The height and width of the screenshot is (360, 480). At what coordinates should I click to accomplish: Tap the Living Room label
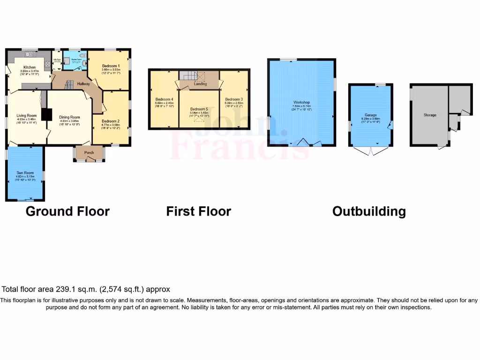[x=27, y=115]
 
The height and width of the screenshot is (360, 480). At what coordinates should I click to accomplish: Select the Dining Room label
[x=69, y=117]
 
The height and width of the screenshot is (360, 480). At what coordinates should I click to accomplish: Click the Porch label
[x=89, y=152]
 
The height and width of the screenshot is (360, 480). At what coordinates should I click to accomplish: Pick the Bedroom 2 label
[x=111, y=121]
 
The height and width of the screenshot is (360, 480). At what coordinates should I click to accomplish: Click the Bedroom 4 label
[x=165, y=99]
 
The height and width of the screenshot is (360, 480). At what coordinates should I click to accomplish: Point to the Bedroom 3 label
[x=234, y=99]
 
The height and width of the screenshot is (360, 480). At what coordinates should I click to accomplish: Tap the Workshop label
[x=302, y=102]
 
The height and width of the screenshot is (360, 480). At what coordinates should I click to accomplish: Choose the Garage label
[x=371, y=115]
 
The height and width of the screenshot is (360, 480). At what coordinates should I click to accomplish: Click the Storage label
[x=430, y=115]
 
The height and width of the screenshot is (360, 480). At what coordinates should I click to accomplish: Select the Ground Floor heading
[x=67, y=211]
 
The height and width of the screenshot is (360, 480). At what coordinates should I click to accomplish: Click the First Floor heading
[x=198, y=211]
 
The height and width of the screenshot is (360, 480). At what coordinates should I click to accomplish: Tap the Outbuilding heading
[x=369, y=211]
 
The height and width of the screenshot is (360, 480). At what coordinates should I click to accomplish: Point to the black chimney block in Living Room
[x=46, y=115]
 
